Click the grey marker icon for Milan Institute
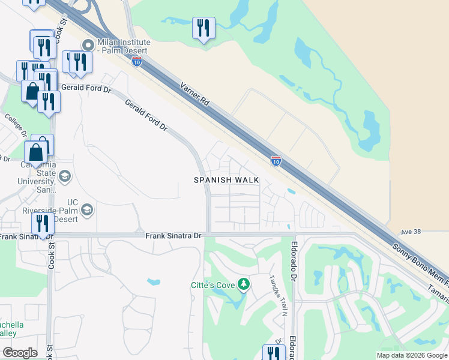pos(88,45)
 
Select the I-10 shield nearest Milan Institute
pos(136,61)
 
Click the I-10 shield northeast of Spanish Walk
pos(276,160)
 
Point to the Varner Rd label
pos(195,94)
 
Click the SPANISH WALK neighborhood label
pos(226,180)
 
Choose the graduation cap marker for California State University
pos(64,176)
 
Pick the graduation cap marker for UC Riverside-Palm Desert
pos(87,209)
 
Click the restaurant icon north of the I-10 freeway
pos(203,28)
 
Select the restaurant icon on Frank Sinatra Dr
pos(42,223)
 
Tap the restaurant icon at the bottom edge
pos(274,353)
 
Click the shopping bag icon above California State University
pos(36,152)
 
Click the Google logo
pos(20,352)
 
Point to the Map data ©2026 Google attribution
pos(412,355)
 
